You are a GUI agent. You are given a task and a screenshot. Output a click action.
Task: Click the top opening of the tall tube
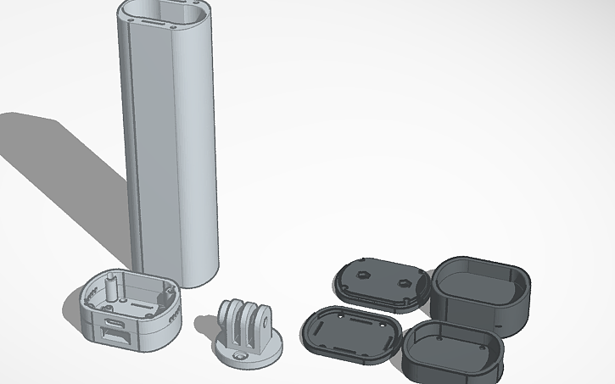tap(165, 12)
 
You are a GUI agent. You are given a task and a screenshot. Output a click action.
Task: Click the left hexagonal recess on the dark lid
tap(362, 274)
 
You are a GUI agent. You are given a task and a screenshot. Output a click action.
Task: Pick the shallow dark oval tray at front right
tap(451, 351)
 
